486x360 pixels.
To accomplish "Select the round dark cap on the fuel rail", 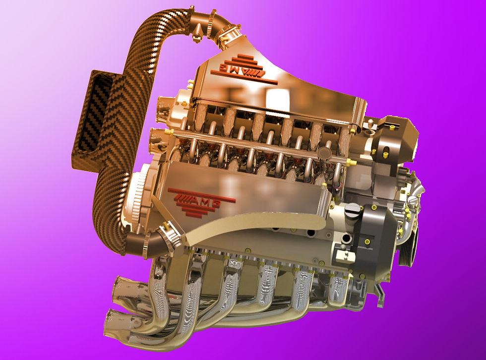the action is pos(324,152).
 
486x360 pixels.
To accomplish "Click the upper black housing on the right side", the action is pos(392,140).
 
